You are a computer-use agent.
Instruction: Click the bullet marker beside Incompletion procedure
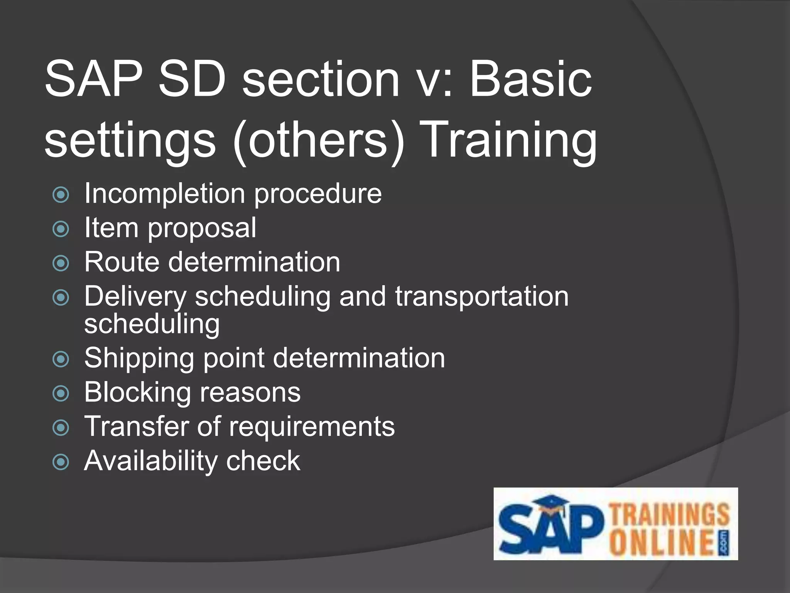pos(61,195)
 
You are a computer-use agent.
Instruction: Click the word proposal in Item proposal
pos(202,229)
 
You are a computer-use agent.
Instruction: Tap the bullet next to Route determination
pos(61,264)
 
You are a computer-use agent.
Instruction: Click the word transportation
pos(481,297)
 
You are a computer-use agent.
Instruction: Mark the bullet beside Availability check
pos(61,462)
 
